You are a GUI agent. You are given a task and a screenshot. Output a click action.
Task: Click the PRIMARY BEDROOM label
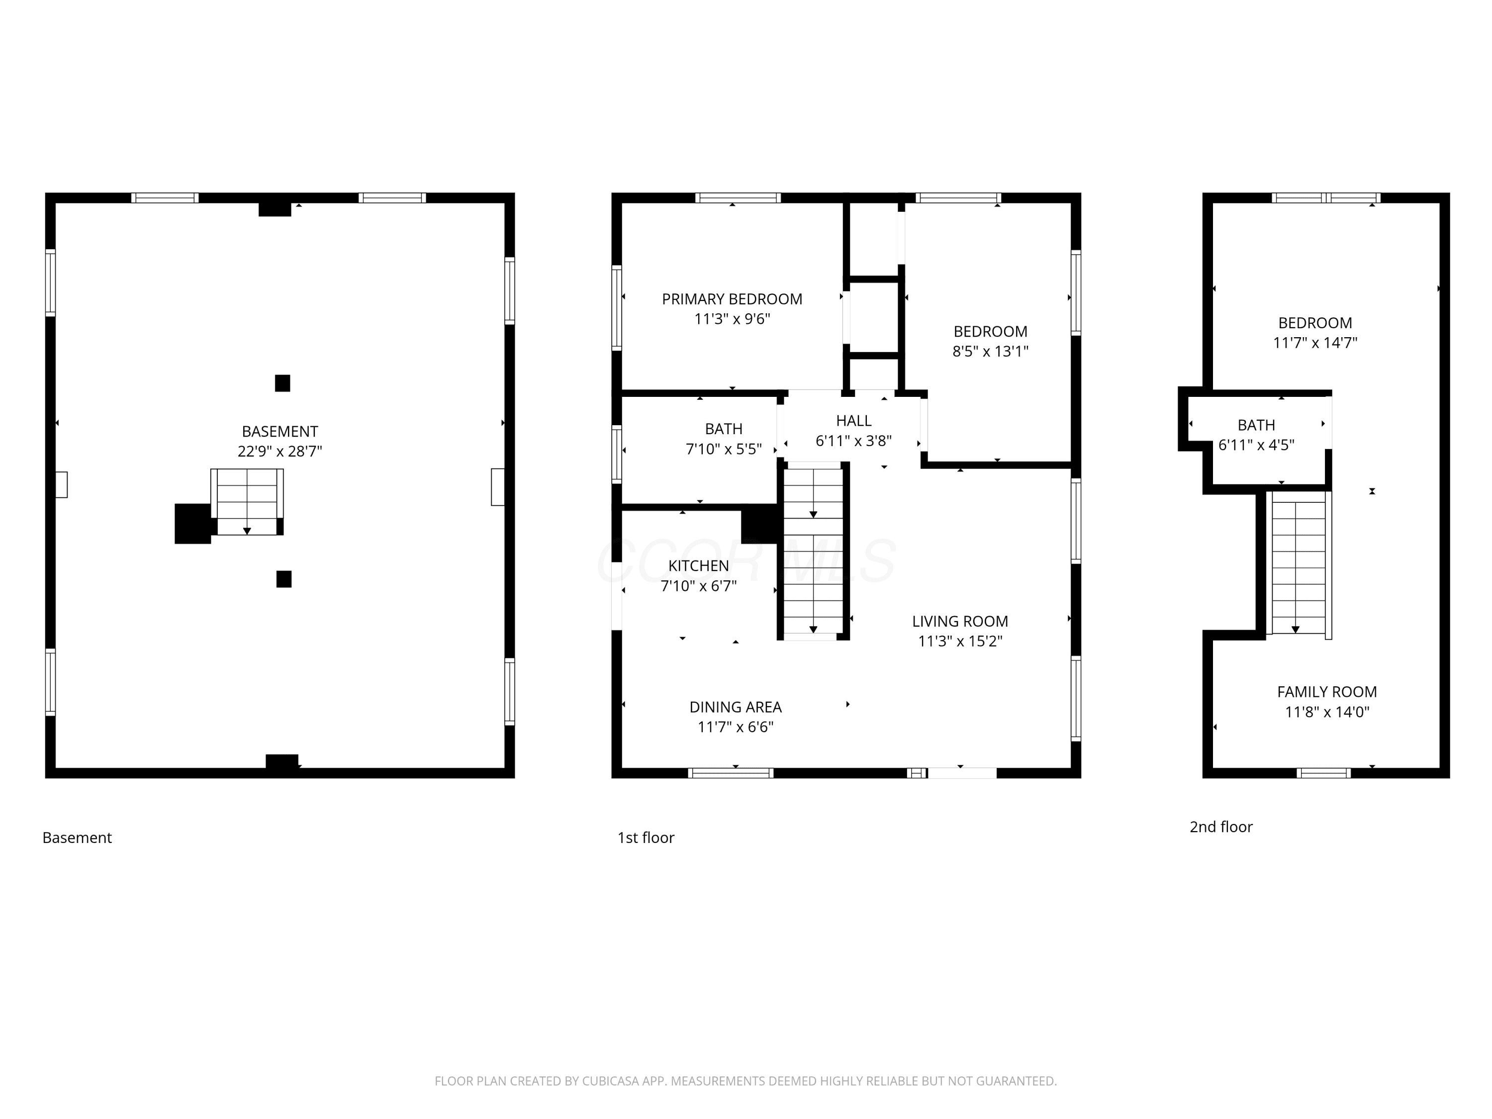pyautogui.click(x=732, y=299)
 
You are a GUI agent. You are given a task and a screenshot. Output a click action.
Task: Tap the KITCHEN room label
pyautogui.click(x=698, y=566)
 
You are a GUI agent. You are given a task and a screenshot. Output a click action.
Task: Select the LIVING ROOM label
pyautogui.click(x=960, y=621)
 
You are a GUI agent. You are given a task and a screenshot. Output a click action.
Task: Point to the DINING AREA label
pyautogui.click(x=735, y=707)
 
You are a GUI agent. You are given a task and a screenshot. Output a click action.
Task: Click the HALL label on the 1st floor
pyautogui.click(x=853, y=421)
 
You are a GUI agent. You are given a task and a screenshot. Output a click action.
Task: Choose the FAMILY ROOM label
pyautogui.click(x=1327, y=691)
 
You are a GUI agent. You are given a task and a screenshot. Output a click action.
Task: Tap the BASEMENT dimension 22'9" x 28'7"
pyautogui.click(x=280, y=451)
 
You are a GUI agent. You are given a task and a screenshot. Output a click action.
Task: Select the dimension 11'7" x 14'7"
pyautogui.click(x=1314, y=343)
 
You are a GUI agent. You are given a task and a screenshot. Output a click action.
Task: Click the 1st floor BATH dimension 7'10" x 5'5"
pyautogui.click(x=724, y=449)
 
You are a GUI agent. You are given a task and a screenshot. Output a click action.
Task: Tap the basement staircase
pyautogui.click(x=247, y=502)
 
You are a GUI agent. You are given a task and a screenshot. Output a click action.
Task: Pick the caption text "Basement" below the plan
pyautogui.click(x=77, y=838)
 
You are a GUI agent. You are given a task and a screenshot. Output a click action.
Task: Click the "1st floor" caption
pyautogui.click(x=646, y=838)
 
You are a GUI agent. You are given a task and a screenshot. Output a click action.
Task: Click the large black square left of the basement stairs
pyautogui.click(x=193, y=523)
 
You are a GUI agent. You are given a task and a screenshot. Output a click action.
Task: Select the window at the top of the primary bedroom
pyautogui.click(x=738, y=197)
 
